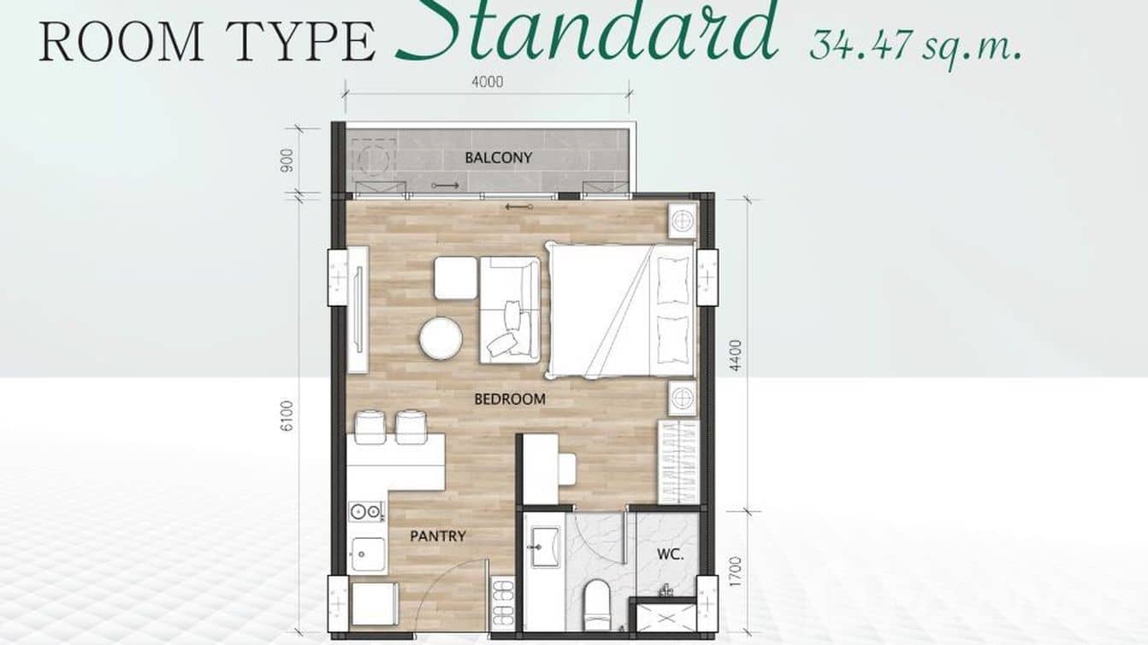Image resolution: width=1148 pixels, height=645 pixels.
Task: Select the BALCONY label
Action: coord(498,157)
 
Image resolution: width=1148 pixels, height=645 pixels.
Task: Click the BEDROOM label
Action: coord(510,399)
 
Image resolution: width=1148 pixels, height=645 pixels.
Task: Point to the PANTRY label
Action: coord(437,536)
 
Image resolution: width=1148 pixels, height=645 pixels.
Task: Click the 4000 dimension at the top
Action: coord(487,82)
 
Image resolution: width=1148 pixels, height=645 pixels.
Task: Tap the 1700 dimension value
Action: coord(737,571)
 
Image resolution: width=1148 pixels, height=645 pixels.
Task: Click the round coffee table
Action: coord(441,338)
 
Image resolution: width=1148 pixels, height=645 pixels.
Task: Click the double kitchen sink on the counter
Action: coord(366,512)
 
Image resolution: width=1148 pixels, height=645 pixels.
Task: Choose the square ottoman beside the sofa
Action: coord(455,278)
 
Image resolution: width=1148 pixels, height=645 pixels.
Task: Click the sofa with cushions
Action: coord(509,310)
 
